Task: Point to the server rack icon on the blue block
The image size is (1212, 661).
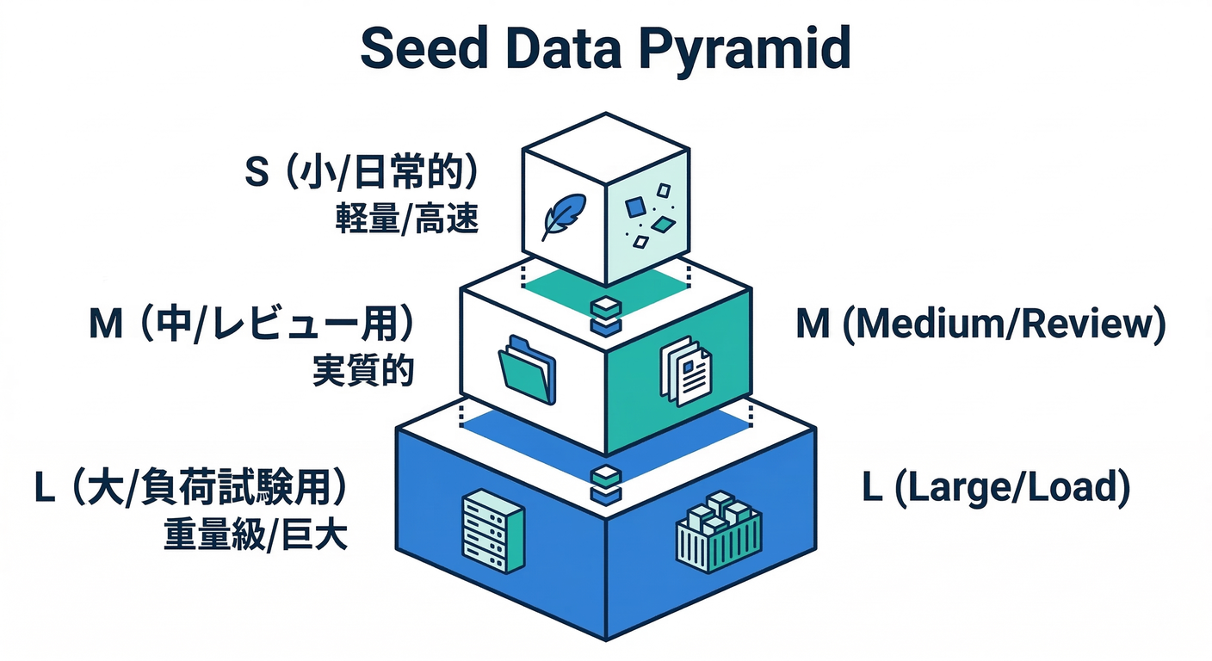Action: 492,530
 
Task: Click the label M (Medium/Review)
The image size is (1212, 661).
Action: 980,326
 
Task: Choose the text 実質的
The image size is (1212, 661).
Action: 362,373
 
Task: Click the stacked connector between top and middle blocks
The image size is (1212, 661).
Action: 606,316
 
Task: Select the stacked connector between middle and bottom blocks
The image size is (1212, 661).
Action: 606,482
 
